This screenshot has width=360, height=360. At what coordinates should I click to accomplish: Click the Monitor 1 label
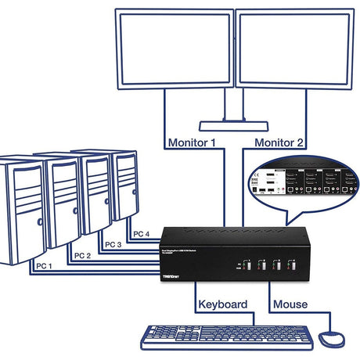click(192, 143)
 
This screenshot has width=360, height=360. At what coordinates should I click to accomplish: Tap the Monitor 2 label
click(279, 143)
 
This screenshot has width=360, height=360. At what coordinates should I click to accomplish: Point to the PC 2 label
click(82, 256)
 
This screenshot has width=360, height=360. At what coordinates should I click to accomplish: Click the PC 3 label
click(112, 245)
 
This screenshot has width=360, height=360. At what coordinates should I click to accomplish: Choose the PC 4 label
click(141, 234)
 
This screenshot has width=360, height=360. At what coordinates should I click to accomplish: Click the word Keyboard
click(222, 304)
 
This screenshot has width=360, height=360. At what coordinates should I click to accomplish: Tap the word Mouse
click(290, 304)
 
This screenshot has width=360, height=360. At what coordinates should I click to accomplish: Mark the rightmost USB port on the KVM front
click(294, 265)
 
